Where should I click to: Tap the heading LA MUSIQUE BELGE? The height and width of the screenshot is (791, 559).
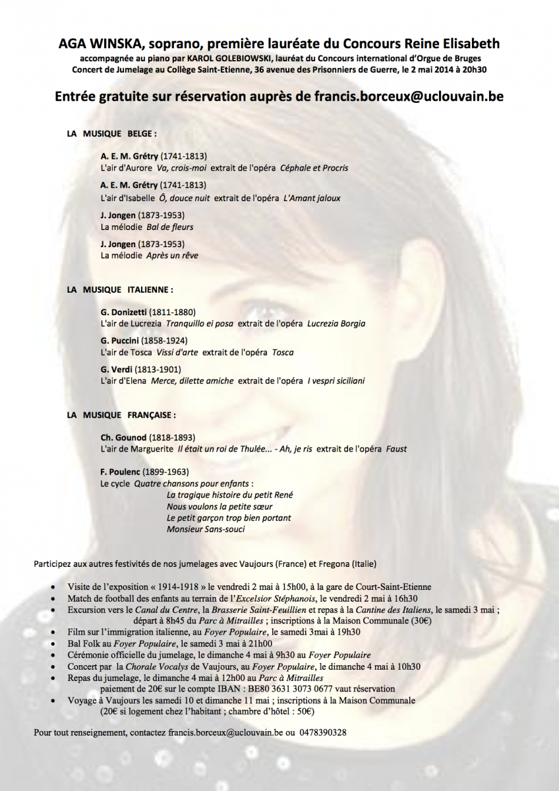[x=111, y=133]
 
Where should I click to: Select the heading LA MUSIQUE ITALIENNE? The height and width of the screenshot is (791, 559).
[x=119, y=289]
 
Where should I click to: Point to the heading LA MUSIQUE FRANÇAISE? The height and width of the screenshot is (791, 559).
[x=121, y=415]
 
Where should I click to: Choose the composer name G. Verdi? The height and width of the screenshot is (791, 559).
[x=117, y=369]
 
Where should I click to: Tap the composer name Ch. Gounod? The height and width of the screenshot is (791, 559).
[x=123, y=438]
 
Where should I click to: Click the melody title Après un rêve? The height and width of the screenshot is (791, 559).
[x=172, y=255]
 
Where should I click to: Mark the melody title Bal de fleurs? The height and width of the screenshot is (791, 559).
[x=169, y=227]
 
